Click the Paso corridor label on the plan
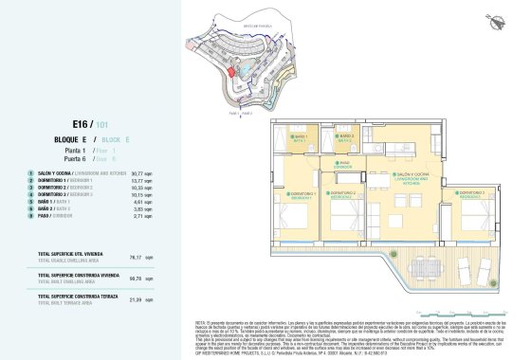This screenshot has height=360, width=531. point(346,163)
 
